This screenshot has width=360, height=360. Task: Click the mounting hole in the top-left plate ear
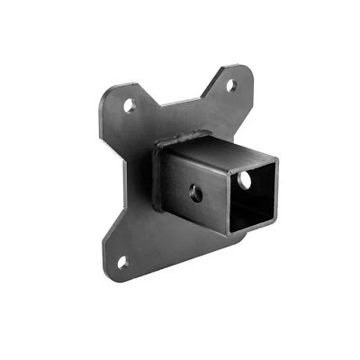point(130,105)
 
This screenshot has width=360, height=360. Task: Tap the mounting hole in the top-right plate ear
point(230,86)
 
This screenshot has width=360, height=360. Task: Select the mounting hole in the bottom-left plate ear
point(122,263)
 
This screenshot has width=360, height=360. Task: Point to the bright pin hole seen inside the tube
point(245,181)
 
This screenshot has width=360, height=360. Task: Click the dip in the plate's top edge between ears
point(180,102)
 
